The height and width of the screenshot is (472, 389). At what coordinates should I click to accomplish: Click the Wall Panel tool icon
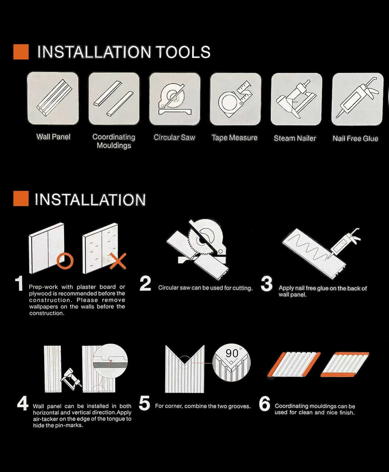click(x=53, y=98)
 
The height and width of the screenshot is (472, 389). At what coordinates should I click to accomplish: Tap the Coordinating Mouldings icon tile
click(x=114, y=98)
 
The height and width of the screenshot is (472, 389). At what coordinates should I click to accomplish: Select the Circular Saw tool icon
click(x=175, y=99)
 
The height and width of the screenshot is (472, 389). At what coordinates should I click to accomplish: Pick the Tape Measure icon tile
click(x=235, y=99)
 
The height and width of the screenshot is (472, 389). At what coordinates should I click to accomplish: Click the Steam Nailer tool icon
click(x=296, y=99)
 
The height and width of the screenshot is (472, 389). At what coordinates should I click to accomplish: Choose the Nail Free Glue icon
click(x=357, y=99)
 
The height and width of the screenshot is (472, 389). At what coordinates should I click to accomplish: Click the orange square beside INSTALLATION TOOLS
click(x=21, y=52)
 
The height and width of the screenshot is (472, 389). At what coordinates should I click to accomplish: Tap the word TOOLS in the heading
click(x=183, y=52)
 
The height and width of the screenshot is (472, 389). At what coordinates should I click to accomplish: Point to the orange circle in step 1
click(x=65, y=261)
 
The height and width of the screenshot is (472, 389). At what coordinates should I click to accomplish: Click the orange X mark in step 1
click(x=118, y=261)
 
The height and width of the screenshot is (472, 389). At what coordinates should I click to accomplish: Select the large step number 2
click(x=145, y=283)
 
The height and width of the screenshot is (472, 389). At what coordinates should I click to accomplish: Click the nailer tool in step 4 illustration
click(x=72, y=379)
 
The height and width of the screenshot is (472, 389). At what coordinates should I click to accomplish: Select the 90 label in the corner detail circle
click(x=232, y=353)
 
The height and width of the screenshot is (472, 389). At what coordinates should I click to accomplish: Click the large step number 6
click(x=264, y=404)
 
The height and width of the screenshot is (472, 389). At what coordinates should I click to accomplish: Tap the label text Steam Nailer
click(x=295, y=138)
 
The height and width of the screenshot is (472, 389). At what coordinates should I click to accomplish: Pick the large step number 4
click(x=23, y=404)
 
